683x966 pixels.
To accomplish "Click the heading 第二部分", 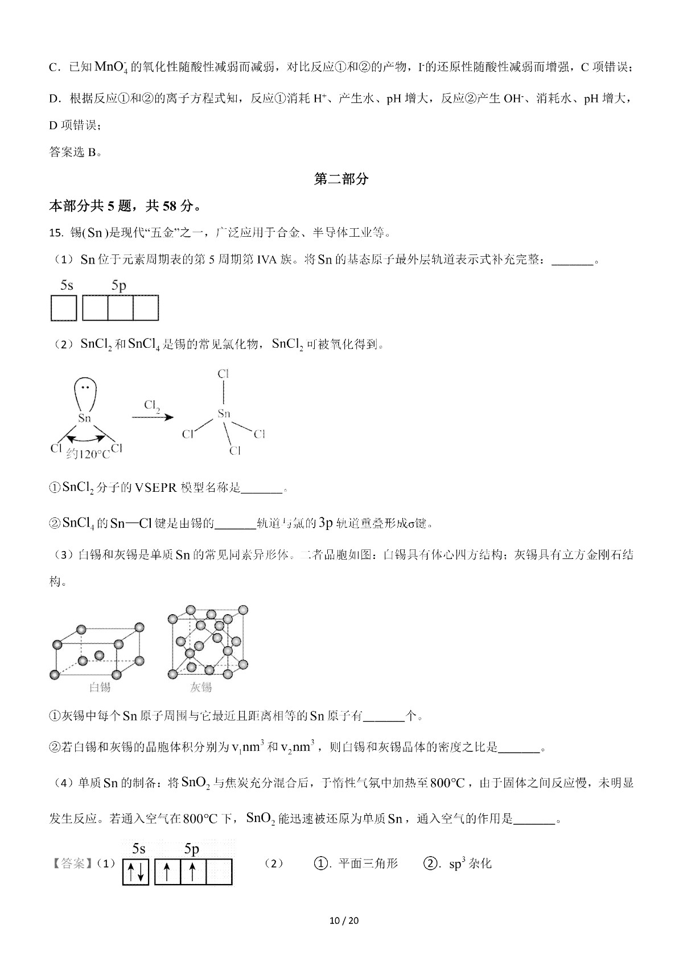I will coord(341,179).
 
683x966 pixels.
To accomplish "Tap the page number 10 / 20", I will coord(341,920).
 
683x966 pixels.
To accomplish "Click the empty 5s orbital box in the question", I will coord(64,308).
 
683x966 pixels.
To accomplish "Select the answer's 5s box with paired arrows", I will coord(135,872).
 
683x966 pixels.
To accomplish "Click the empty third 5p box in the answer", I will coord(219,872).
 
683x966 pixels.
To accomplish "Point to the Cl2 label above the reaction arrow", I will coord(152,405).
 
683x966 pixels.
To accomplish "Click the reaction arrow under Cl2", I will coord(153,417).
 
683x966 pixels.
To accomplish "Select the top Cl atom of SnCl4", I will coord(223,374).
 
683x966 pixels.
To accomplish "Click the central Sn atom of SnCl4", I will coord(224,414).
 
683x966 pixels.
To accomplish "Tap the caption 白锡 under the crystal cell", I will coord(100,687).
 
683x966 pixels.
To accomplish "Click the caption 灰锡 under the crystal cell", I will coord(200,687).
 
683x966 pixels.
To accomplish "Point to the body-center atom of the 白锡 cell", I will coord(100,655).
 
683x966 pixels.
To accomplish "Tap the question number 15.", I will coord(55,232).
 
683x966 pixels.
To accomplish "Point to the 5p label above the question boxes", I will coord(119,285).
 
